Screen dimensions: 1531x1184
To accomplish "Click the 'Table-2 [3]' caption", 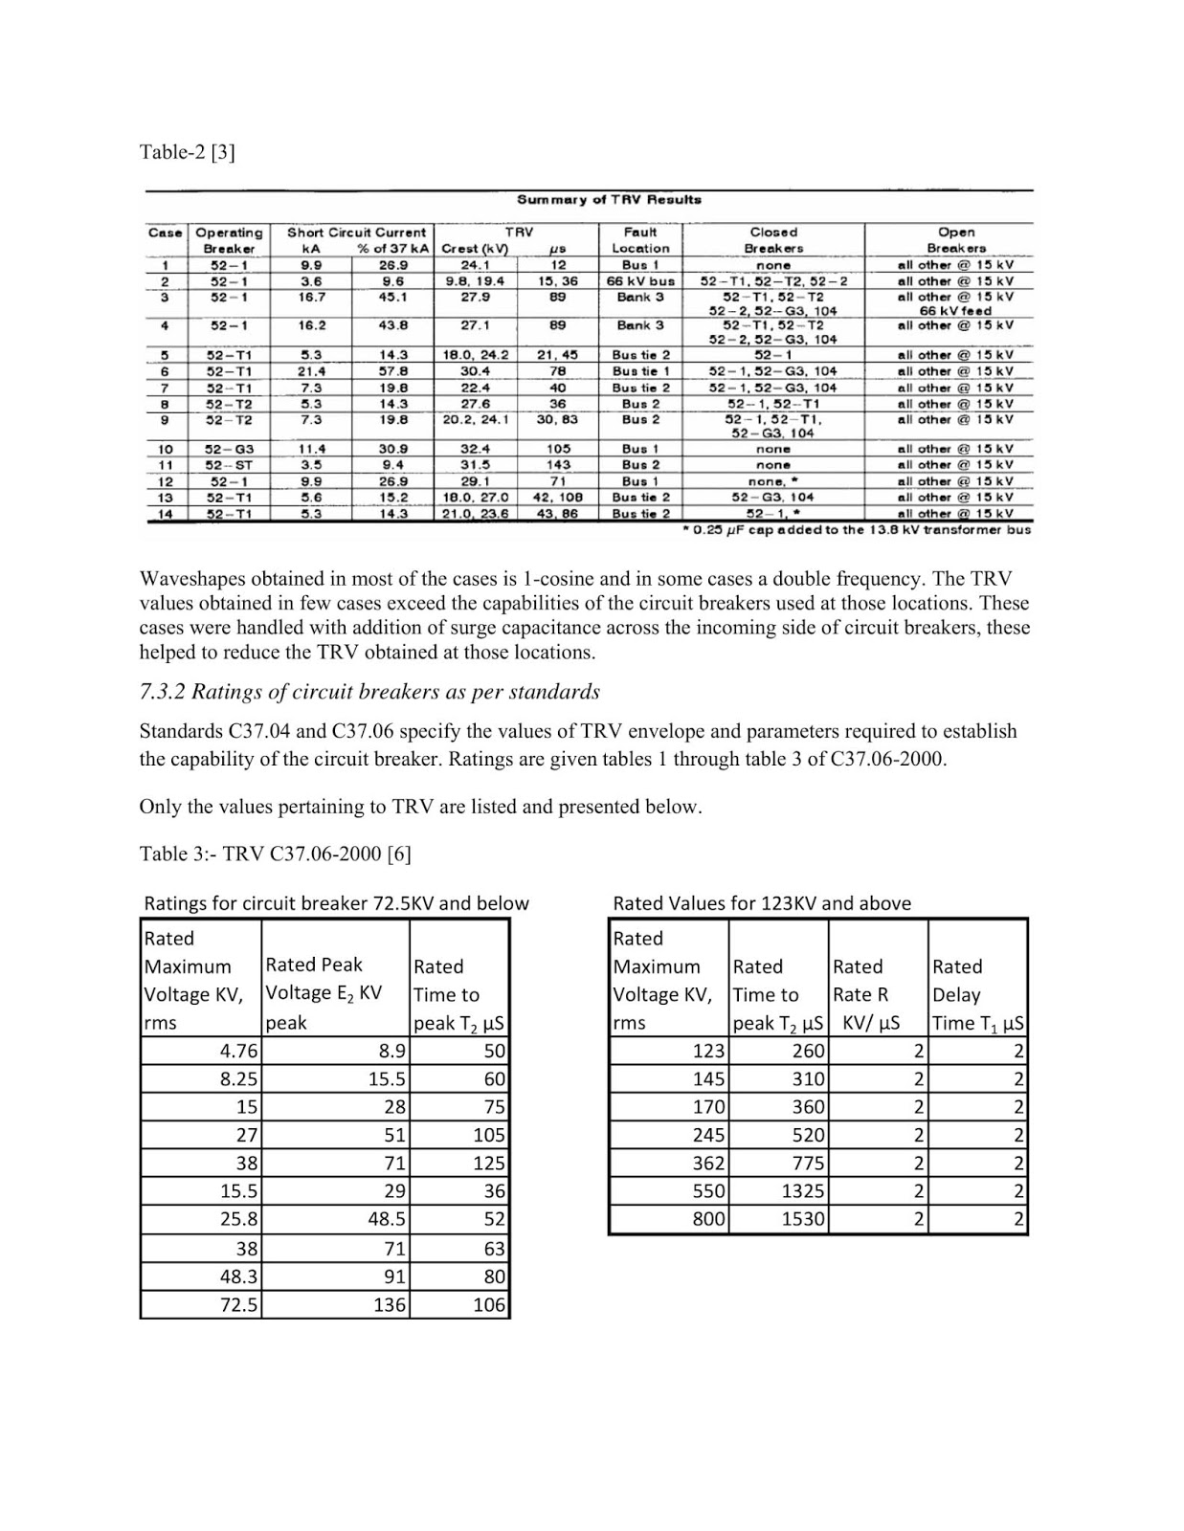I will (187, 152).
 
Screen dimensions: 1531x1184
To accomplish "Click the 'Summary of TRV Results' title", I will (609, 200).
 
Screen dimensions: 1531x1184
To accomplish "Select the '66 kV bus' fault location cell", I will (640, 281).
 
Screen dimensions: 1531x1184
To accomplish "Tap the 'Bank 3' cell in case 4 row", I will (640, 325).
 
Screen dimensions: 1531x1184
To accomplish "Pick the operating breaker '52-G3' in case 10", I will (229, 449).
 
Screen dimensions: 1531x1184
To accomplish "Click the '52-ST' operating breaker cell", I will (229, 465).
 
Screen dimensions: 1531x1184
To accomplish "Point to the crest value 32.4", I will (475, 449).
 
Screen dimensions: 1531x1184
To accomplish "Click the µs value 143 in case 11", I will (558, 465).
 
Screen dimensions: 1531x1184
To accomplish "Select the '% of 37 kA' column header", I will (391, 249).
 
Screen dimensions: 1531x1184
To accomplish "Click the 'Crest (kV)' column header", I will (475, 249).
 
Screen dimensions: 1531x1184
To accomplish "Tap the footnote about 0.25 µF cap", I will (855, 530).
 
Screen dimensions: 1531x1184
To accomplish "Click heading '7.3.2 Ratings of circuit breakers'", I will (369, 692).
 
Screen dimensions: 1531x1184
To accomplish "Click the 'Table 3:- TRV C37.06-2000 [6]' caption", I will (276, 854).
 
